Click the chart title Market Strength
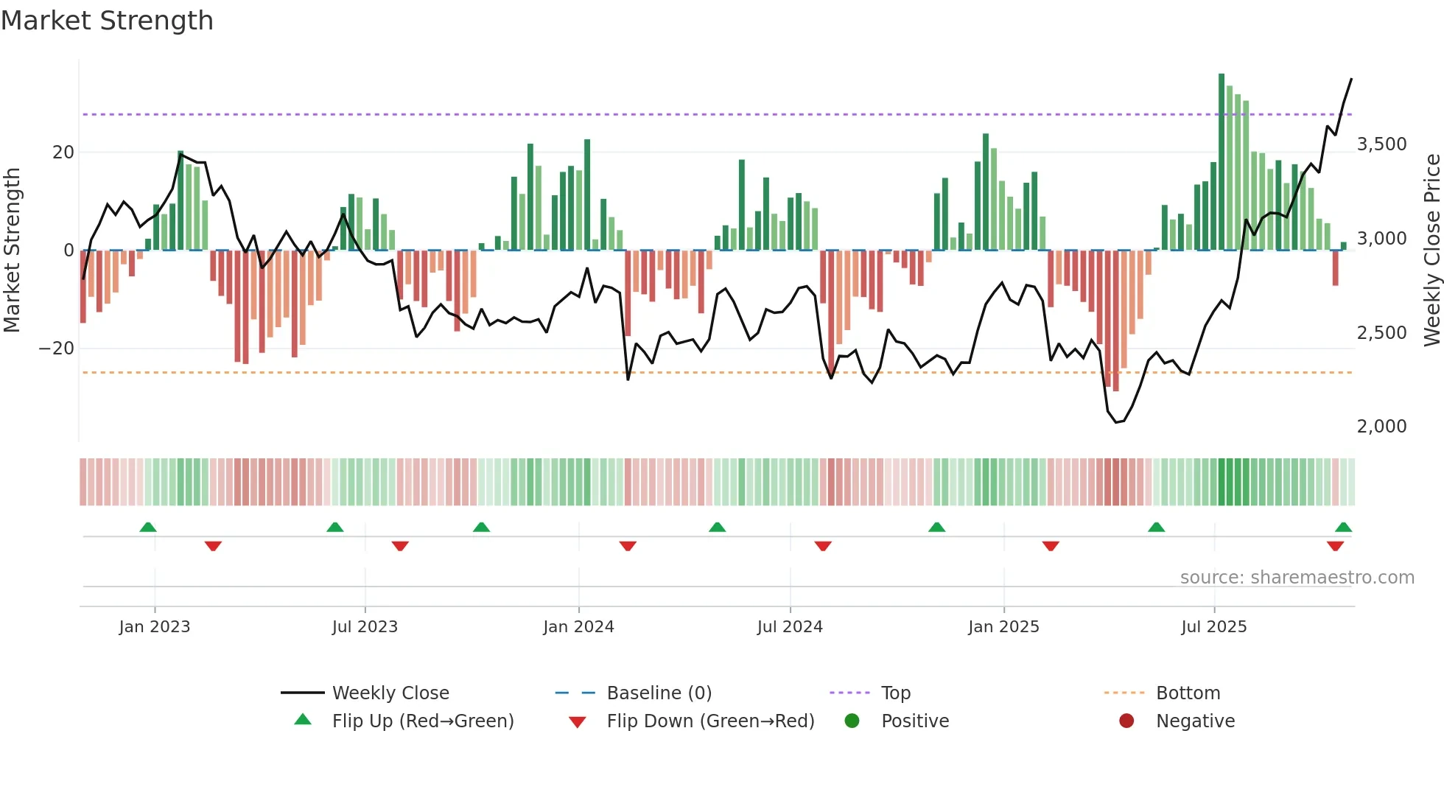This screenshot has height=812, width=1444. [107, 21]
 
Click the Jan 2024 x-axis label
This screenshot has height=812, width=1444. [578, 627]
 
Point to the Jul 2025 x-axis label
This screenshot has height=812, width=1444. [1213, 627]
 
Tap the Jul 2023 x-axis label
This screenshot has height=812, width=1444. [365, 627]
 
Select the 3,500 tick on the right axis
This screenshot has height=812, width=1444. [1381, 144]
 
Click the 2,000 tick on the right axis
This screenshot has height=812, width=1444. [1381, 427]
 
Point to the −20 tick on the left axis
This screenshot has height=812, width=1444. [57, 349]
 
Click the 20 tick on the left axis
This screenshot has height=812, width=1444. [63, 153]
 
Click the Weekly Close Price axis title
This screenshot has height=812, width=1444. [1431, 251]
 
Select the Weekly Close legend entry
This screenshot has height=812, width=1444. [390, 693]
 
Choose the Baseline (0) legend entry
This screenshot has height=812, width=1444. [659, 693]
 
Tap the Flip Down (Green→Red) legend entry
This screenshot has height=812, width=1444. [710, 721]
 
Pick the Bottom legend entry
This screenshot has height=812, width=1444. [1188, 693]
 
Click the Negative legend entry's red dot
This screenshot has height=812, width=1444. [1126, 721]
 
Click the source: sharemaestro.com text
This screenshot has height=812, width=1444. [1297, 578]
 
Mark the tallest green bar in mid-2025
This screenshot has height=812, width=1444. [1222, 162]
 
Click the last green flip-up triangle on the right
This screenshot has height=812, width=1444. [1343, 528]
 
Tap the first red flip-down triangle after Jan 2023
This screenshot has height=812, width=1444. [213, 546]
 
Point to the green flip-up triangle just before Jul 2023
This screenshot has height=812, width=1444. [335, 528]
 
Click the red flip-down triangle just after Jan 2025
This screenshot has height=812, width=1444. [1051, 546]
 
